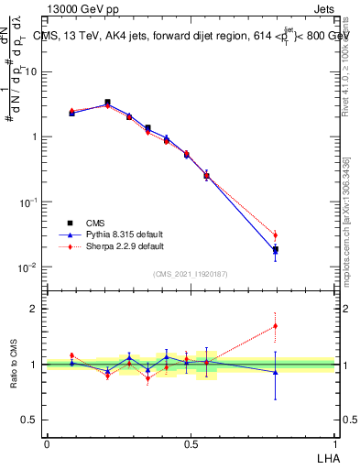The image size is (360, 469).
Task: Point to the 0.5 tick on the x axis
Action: click(x=191, y=443)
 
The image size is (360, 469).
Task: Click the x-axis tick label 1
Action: click(x=333, y=443)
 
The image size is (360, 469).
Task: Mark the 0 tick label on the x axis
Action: click(x=47, y=443)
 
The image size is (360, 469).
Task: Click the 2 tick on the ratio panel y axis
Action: click(x=36, y=309)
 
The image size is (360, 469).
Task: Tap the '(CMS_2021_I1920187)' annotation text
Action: click(x=190, y=274)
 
